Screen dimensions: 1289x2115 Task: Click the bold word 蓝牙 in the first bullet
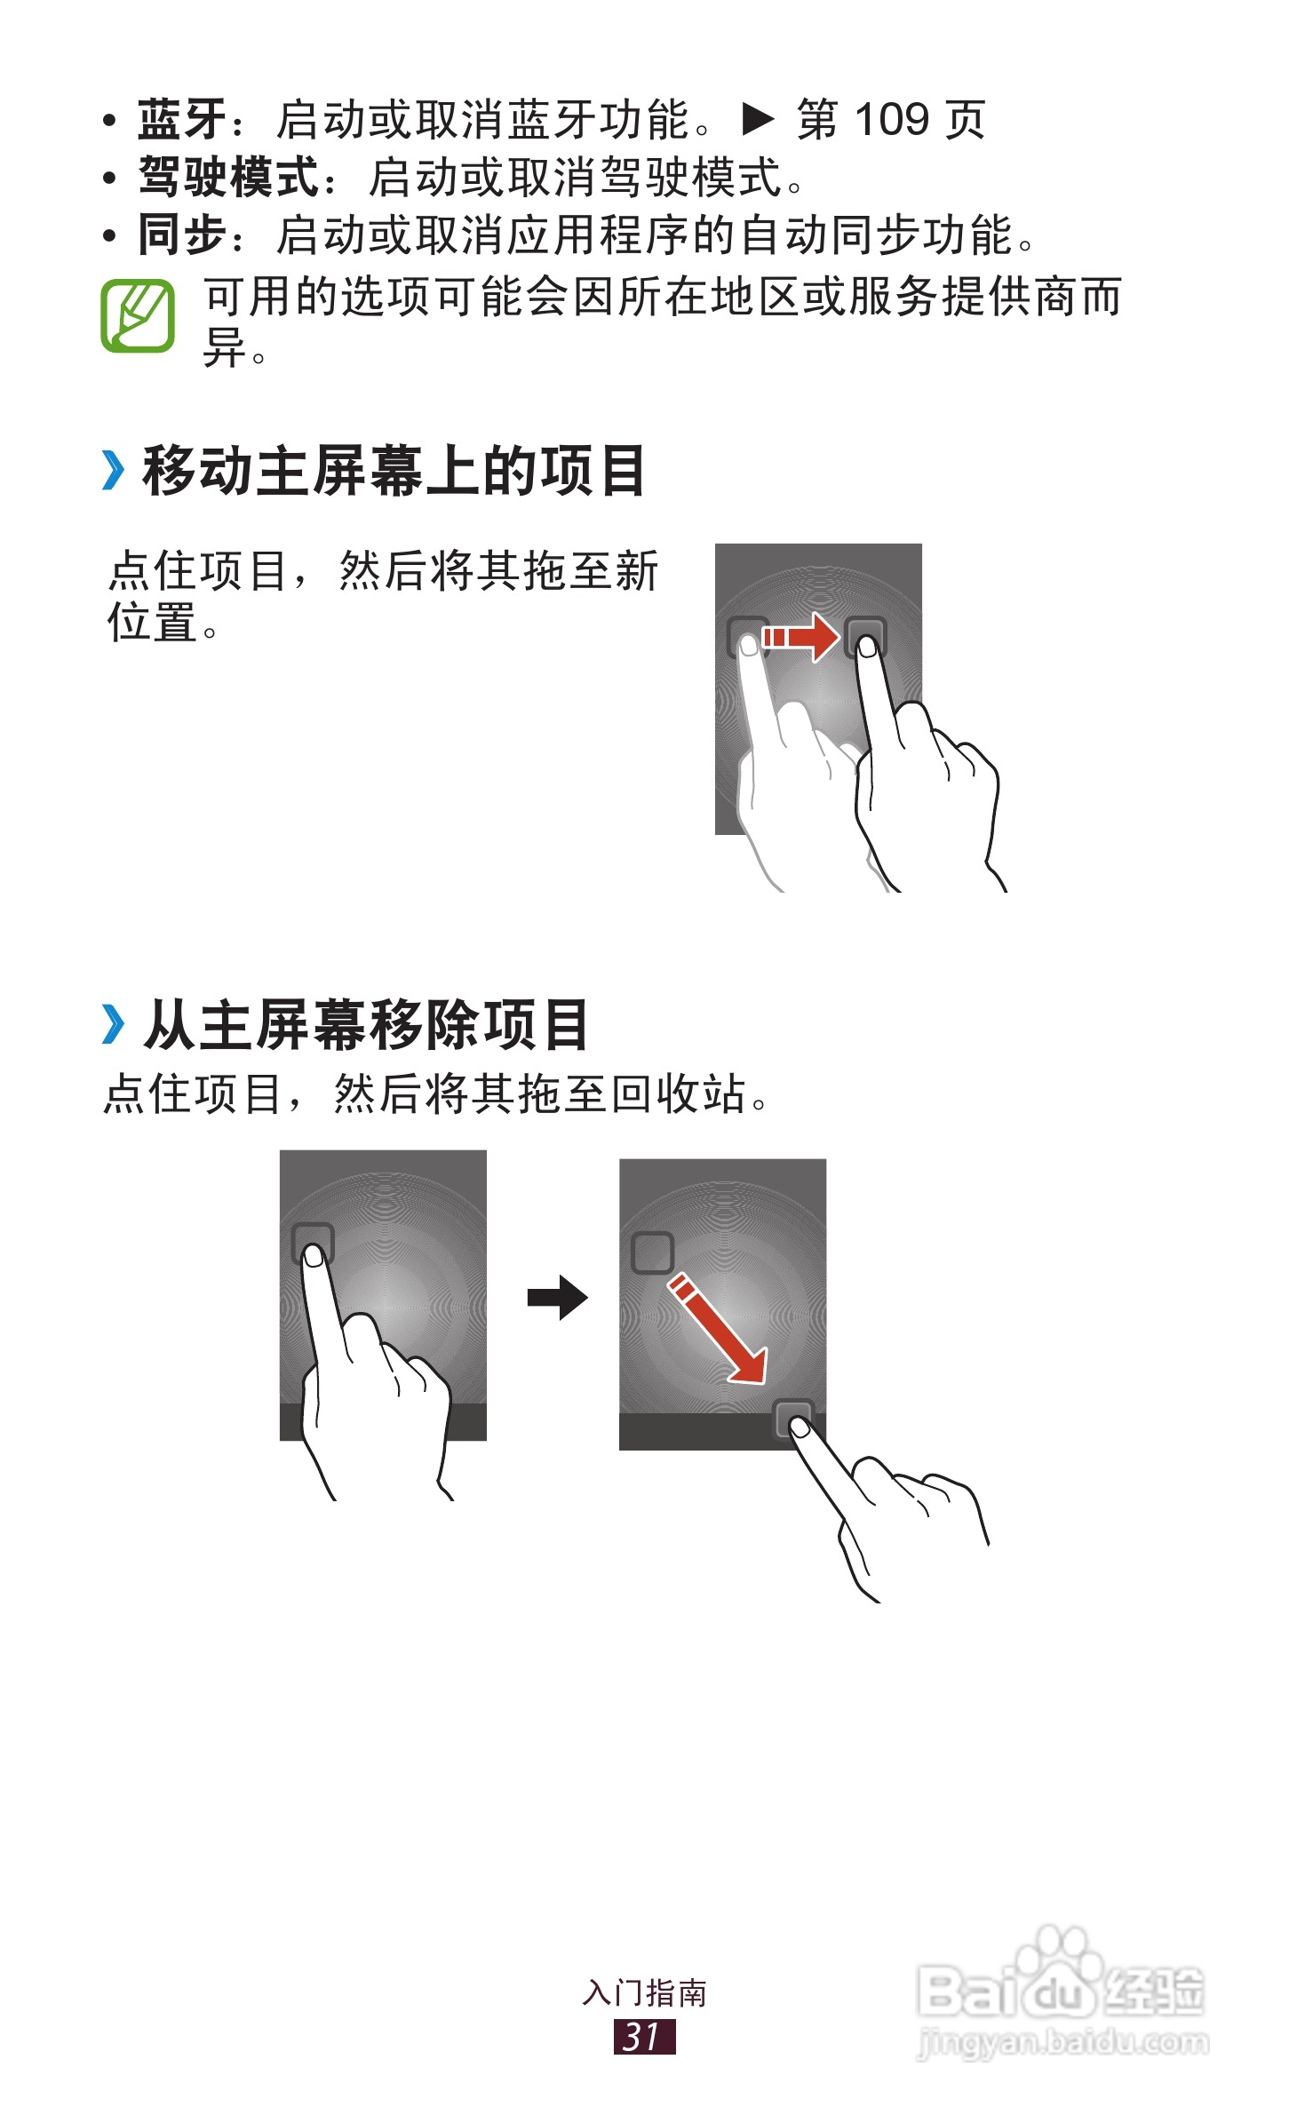(x=182, y=120)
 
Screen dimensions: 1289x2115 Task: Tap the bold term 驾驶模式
(x=228, y=177)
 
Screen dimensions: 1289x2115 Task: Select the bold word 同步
(x=182, y=235)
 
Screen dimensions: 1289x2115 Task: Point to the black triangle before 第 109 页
(x=758, y=119)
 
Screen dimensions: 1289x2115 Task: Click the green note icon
(x=138, y=315)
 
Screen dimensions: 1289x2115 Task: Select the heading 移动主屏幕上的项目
(x=394, y=471)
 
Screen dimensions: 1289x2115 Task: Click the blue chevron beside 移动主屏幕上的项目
(x=113, y=471)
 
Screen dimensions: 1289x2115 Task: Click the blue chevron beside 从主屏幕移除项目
(x=113, y=1024)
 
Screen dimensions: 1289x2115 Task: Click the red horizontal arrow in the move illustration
(x=800, y=637)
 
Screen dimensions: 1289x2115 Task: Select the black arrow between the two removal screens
(x=558, y=1298)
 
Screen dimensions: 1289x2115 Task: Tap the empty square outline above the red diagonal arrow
(x=652, y=1252)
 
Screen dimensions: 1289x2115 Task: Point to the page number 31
(x=644, y=2036)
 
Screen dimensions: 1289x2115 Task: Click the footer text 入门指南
(x=645, y=1993)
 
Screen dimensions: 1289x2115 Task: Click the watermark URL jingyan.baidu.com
(x=1062, y=2043)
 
